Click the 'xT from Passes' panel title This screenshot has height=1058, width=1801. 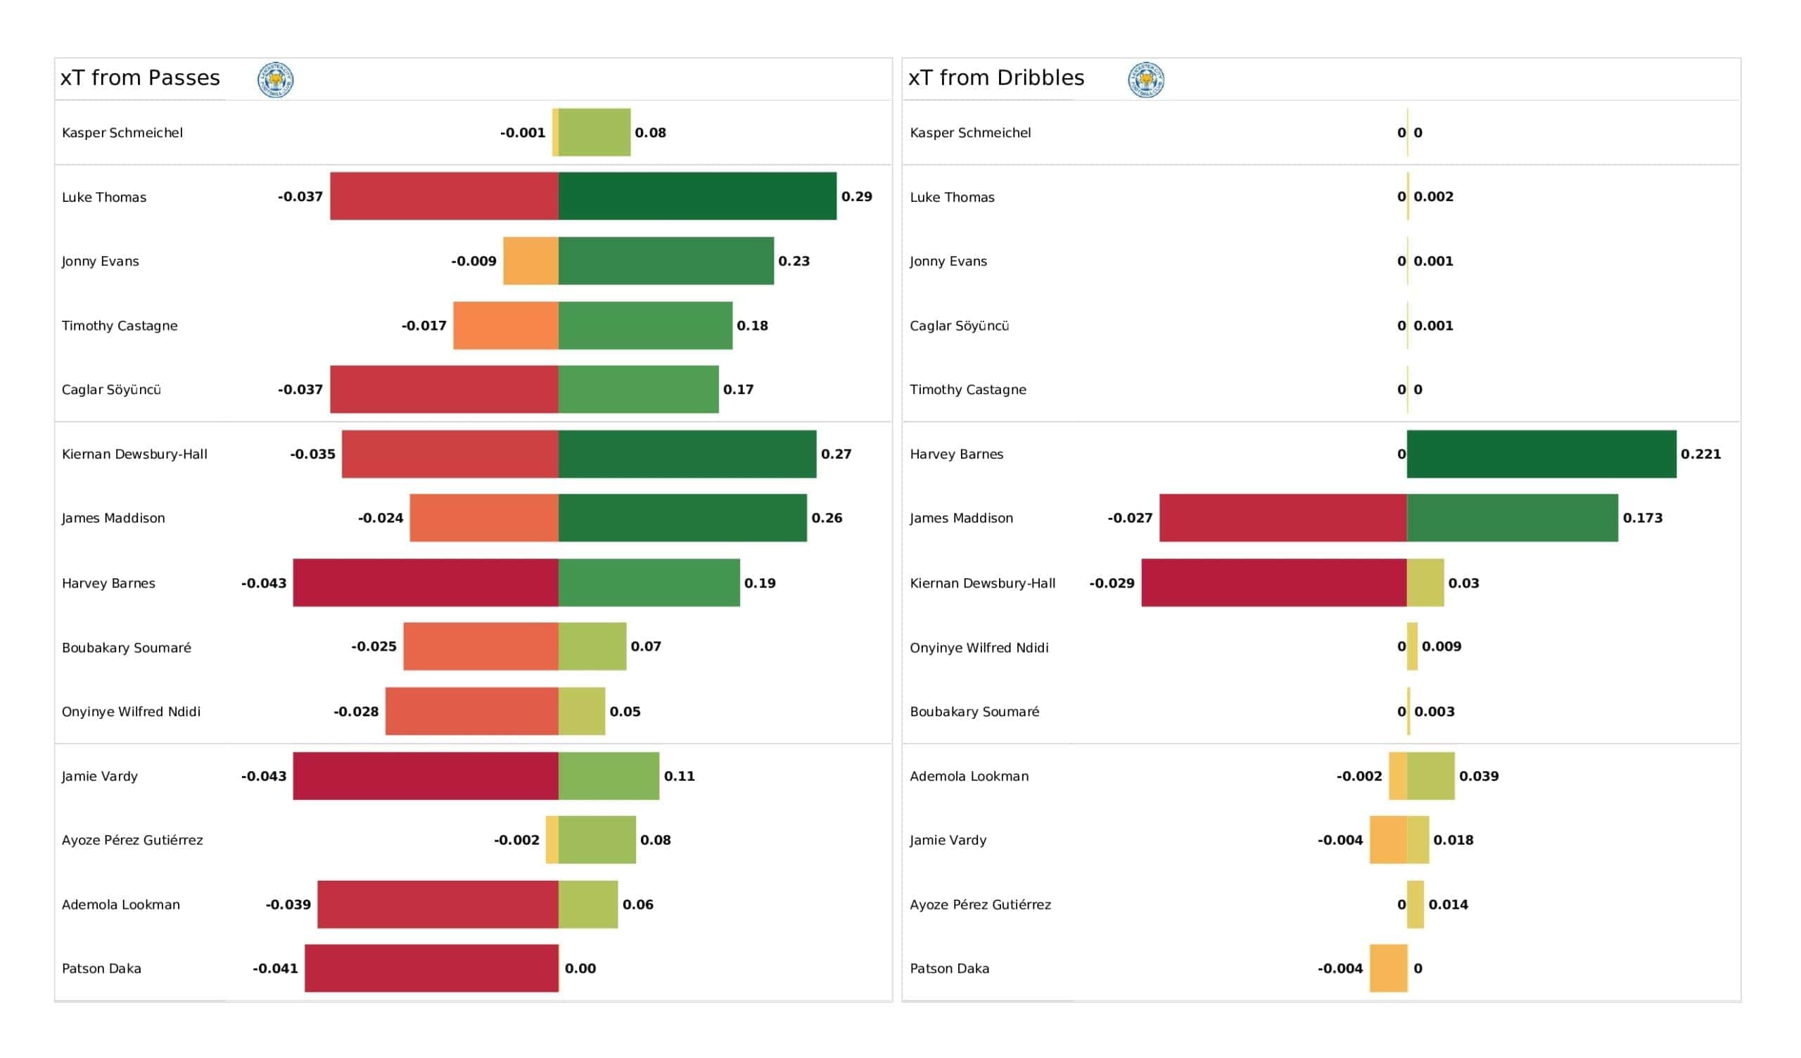point(140,78)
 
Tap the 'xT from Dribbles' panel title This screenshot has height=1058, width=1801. point(996,78)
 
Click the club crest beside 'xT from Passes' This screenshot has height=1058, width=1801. point(276,79)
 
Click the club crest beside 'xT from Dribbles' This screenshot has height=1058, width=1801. point(1146,79)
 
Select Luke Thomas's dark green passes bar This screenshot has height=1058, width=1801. point(697,196)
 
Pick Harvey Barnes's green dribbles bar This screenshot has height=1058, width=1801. point(1541,454)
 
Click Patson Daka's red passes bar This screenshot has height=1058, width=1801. point(432,968)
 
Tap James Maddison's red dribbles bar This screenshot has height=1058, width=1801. point(1284,518)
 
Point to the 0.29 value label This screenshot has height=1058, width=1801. point(857,196)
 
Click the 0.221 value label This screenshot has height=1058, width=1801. point(1701,454)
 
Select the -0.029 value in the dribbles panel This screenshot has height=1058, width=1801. point(1112,583)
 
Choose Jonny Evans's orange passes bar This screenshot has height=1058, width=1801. point(531,261)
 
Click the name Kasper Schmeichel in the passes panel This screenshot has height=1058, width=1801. point(122,132)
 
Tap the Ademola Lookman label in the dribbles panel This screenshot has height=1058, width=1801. point(969,777)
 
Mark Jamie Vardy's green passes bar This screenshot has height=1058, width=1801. point(609,776)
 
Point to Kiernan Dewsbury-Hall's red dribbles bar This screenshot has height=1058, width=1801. point(1274,582)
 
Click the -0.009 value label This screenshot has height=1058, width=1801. point(474,261)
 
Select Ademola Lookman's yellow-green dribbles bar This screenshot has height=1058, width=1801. point(1431,776)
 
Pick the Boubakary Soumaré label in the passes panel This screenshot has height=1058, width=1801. point(127,648)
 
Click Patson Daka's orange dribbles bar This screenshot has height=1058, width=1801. point(1389,968)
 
